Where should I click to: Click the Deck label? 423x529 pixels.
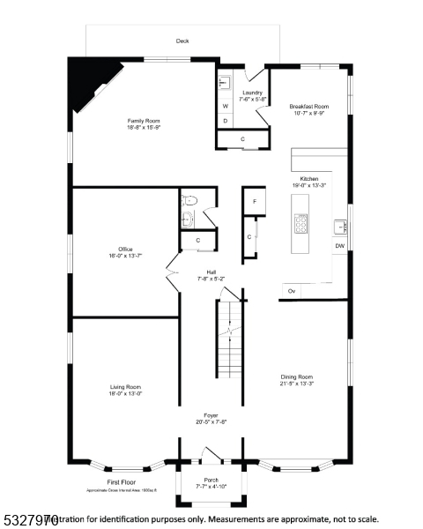[x=182, y=41]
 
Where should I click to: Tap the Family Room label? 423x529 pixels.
[x=144, y=123]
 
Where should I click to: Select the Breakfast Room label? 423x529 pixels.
[x=309, y=108]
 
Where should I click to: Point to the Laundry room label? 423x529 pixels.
[x=253, y=95]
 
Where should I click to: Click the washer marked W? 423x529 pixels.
[x=225, y=107]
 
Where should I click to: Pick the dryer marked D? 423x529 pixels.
[x=225, y=121]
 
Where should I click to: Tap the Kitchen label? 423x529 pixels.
[x=309, y=182]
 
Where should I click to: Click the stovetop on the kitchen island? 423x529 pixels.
[x=301, y=225]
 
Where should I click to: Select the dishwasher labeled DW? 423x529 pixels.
[x=339, y=246]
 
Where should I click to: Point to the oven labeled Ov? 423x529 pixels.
[x=291, y=290]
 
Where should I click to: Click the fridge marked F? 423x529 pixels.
[x=254, y=202]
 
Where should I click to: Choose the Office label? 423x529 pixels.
[x=126, y=252]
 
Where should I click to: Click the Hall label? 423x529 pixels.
[x=211, y=274]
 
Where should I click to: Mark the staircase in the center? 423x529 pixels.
[x=229, y=339]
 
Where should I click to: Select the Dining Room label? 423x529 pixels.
[x=296, y=379]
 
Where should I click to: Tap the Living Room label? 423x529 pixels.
[x=125, y=390]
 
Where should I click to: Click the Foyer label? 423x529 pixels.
[x=211, y=418]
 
